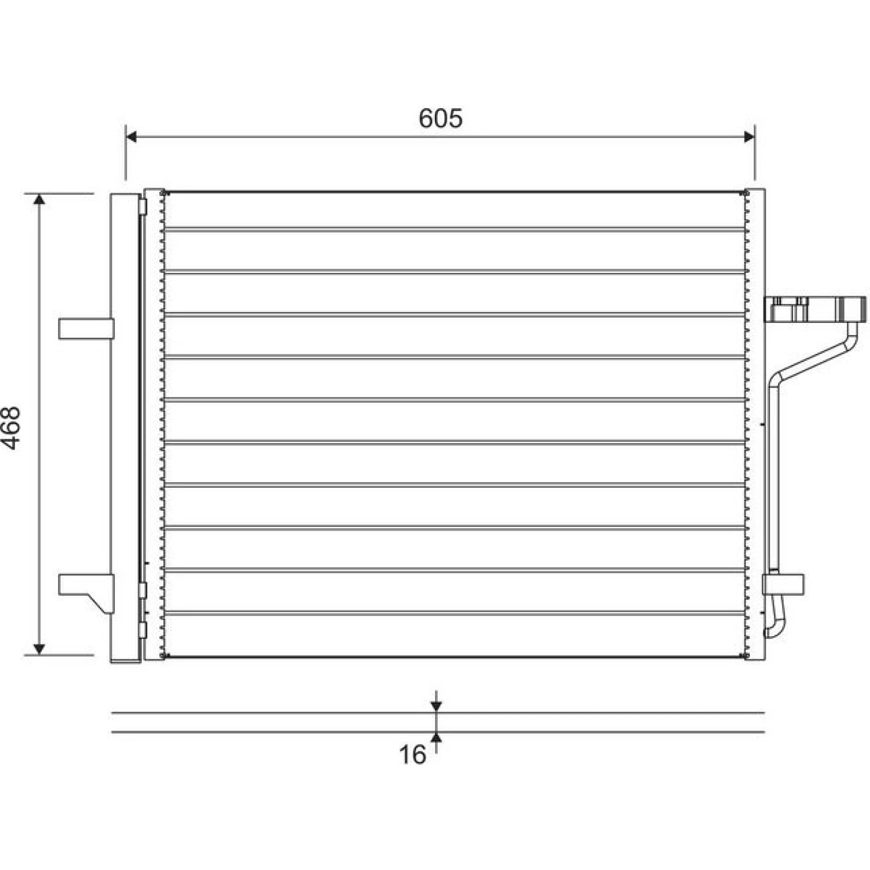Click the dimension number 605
pos(440,118)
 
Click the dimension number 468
pos(11,427)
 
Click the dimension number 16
pos(413,755)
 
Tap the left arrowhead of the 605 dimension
pos(131,136)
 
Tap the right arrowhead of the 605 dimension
pos(749,136)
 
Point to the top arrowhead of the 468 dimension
pos(39,199)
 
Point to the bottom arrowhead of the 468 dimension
pos(39,649)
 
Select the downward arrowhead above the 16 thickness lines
pos(436,706)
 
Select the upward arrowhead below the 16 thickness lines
pos(436,737)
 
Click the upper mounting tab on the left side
pos(86,328)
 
